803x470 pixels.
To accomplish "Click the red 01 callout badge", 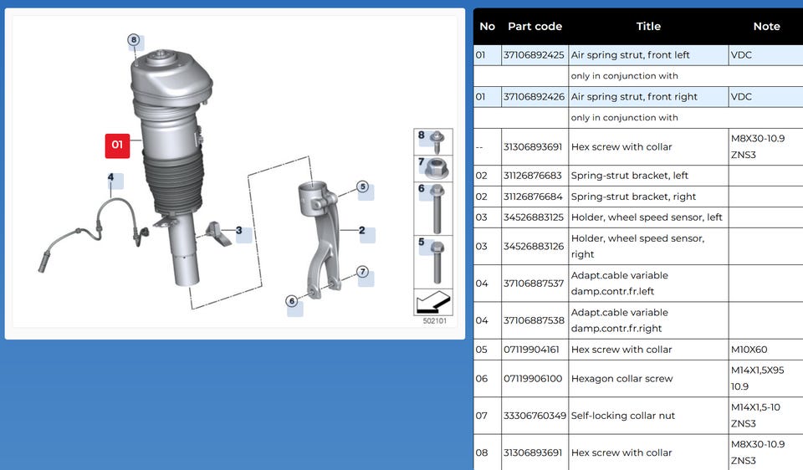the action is (117, 146).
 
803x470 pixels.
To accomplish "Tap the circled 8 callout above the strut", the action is (134, 40).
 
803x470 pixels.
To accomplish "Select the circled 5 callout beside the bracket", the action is (362, 186).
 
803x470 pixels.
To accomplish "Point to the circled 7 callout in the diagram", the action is (362, 271).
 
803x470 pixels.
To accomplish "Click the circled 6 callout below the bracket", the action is (292, 300).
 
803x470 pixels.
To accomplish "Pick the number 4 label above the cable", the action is (110, 177).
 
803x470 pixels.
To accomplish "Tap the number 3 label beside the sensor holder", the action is (238, 230).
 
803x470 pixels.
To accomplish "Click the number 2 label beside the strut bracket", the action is (362, 230).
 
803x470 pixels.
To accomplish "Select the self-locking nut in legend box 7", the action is (437, 168).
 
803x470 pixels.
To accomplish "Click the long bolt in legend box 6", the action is (437, 209).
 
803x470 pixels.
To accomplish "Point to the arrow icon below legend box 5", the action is (433, 302).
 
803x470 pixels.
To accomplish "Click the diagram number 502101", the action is (435, 321).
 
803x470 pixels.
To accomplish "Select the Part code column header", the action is (534, 27).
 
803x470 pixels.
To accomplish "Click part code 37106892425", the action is (534, 55).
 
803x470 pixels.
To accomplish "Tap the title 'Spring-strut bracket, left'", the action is (629, 176).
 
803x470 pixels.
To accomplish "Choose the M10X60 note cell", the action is (749, 350).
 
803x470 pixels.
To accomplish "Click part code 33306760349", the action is (534, 416).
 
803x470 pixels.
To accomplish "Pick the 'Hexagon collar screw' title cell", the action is (621, 379).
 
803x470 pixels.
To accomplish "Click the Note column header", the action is (766, 27).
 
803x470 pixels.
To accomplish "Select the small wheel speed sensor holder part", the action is (218, 233).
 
